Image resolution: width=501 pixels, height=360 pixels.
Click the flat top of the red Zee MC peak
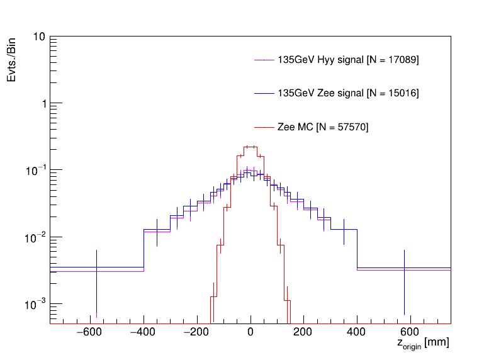pyautogui.click(x=250, y=147)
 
